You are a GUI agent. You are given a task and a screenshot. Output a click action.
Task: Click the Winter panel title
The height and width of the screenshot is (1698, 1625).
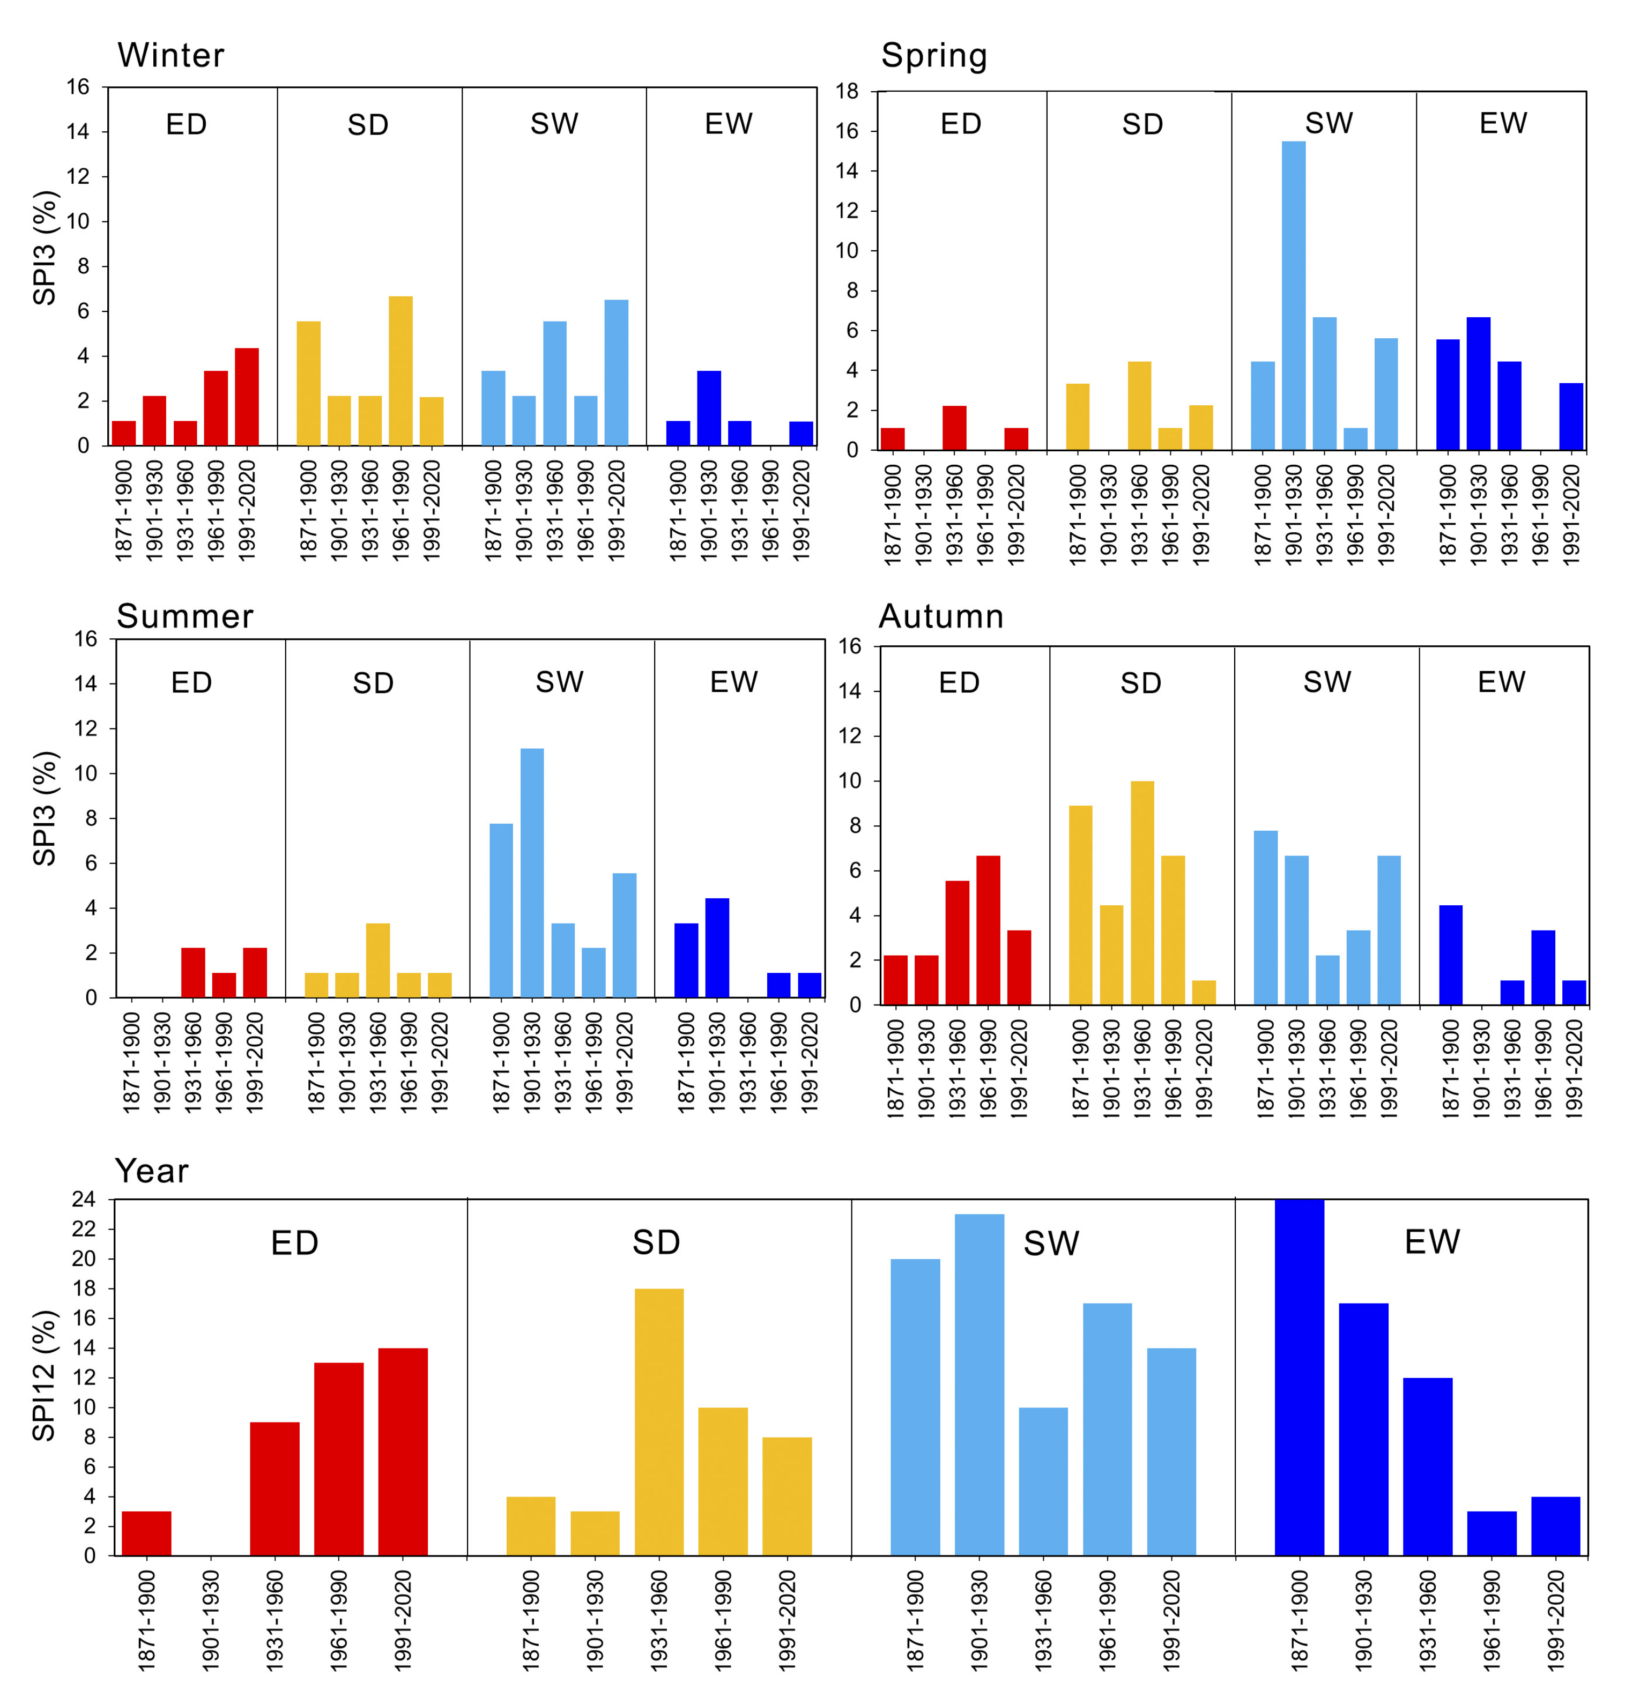[x=170, y=55]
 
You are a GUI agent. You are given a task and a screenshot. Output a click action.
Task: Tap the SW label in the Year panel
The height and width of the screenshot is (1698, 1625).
[x=1051, y=1243]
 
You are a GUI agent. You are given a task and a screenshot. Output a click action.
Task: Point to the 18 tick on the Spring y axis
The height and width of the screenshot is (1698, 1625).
[x=847, y=91]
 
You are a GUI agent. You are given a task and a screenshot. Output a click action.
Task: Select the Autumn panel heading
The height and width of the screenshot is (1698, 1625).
[x=941, y=616]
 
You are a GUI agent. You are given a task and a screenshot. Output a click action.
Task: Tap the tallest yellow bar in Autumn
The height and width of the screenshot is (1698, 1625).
[x=1141, y=893]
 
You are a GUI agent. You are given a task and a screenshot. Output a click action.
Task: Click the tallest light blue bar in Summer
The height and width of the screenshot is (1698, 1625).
[x=532, y=873]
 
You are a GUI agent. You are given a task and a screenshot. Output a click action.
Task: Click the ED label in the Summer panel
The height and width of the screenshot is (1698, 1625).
[x=191, y=682]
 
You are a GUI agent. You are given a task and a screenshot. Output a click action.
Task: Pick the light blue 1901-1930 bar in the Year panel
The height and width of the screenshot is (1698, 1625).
[x=979, y=1386]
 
